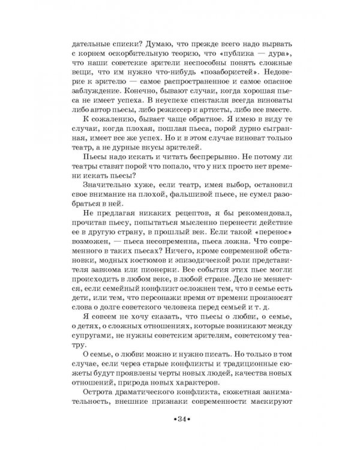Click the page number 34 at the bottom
point(180,417)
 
